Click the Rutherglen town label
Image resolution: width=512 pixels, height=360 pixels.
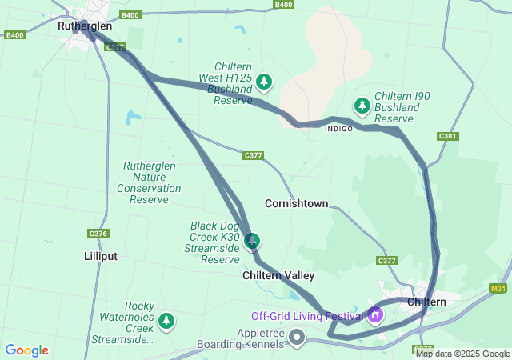click(85, 26)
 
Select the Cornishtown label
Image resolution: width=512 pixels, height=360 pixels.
click(296, 204)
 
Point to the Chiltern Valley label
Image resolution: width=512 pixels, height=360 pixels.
click(278, 275)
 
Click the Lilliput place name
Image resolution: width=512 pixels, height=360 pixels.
click(100, 257)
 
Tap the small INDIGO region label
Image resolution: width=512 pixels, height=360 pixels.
click(338, 129)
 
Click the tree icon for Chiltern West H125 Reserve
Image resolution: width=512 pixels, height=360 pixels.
click(264, 81)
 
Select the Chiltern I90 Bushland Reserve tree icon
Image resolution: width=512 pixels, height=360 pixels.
click(362, 106)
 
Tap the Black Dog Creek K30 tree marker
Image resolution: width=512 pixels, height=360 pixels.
click(253, 240)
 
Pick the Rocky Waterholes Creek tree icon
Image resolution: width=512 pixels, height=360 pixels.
click(166, 322)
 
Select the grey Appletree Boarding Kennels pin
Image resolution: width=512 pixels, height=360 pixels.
click(297, 336)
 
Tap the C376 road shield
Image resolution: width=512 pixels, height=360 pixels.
click(98, 234)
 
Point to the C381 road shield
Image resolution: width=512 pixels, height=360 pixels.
click(448, 137)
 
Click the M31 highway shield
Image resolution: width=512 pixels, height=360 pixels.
click(498, 289)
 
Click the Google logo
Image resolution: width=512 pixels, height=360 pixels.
click(26, 350)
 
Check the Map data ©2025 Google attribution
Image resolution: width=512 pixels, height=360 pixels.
click(462, 354)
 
